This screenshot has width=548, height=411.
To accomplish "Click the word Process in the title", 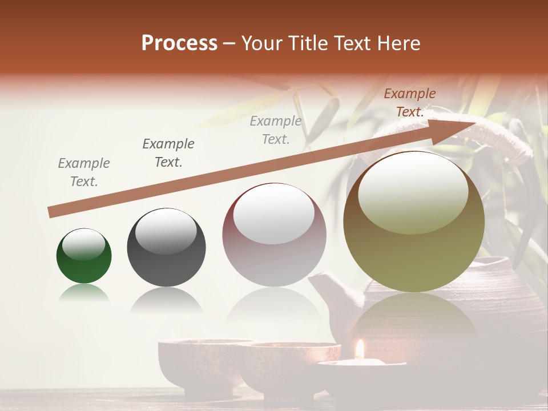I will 179,43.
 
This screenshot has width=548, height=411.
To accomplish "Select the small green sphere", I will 84,256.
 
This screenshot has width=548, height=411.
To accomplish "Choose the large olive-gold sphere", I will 414,223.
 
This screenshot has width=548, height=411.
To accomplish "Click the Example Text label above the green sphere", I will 83,172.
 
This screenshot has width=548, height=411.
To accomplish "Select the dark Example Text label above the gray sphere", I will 168,153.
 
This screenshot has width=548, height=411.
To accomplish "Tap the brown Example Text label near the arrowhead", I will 409,103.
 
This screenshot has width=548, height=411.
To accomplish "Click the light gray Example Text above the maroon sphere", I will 276,130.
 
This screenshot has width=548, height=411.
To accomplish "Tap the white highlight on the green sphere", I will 83,244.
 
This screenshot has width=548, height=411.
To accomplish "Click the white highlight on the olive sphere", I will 413,191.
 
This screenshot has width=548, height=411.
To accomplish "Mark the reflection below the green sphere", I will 84,294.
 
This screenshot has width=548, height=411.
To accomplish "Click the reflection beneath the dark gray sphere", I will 166,300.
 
